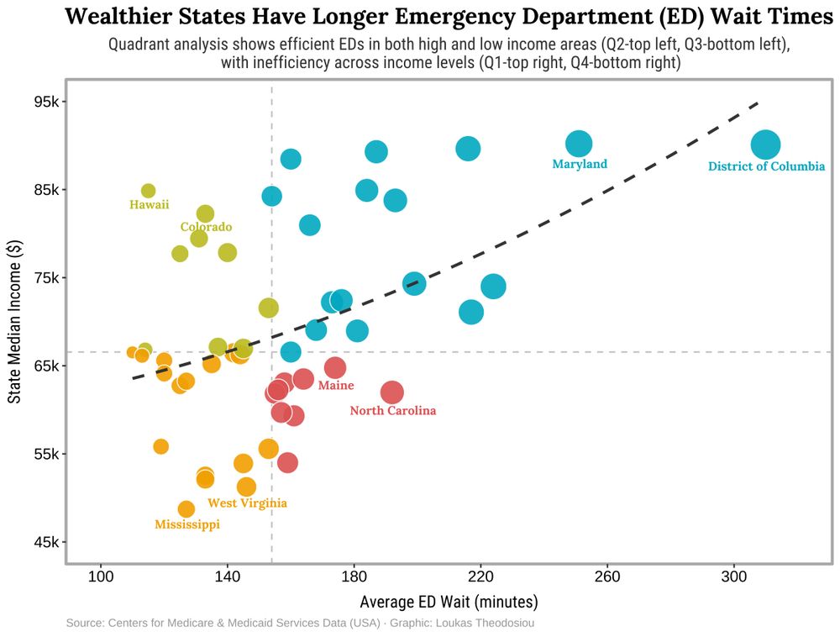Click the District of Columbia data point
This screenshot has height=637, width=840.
pyautogui.click(x=765, y=145)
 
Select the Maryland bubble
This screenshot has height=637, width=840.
pyautogui.click(x=579, y=144)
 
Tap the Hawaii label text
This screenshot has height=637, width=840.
pyautogui.click(x=150, y=204)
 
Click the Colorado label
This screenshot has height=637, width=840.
pyautogui.click(x=206, y=227)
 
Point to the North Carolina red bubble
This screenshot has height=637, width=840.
pyautogui.click(x=391, y=392)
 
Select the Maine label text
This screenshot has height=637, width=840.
pyautogui.click(x=336, y=385)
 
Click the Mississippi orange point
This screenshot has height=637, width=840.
pyautogui.click(x=186, y=508)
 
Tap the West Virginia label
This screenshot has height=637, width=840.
pyautogui.click(x=247, y=503)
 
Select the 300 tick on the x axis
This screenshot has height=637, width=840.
pyautogui.click(x=733, y=577)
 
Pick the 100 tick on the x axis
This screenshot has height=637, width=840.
pyautogui.click(x=101, y=577)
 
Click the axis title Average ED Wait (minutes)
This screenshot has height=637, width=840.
pyautogui.click(x=449, y=602)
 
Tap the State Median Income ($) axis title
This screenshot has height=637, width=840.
pyautogui.click(x=14, y=321)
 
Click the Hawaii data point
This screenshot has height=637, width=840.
pyautogui.click(x=148, y=191)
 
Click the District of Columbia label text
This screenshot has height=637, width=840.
pyautogui.click(x=766, y=166)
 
